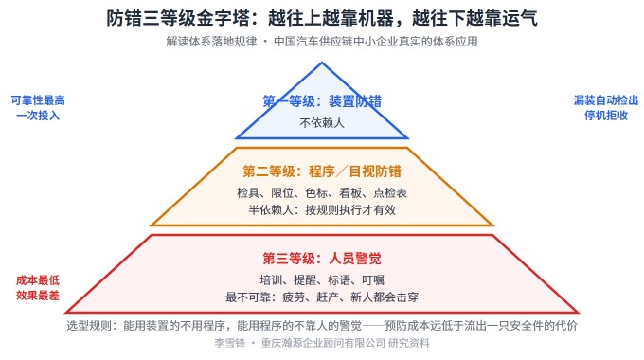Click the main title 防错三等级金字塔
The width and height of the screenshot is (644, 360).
[x=178, y=19]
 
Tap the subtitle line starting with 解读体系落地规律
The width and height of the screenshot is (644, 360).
[x=322, y=42]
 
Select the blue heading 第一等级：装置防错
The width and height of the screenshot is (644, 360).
[x=322, y=101]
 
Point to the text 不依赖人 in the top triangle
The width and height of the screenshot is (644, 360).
[x=322, y=122]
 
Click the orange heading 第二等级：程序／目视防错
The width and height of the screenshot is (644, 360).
[x=322, y=171]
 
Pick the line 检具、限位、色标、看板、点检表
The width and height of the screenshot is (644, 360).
[x=322, y=192]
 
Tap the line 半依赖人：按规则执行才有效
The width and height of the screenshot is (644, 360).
[x=322, y=210]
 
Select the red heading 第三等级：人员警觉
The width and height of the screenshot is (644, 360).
[x=322, y=259]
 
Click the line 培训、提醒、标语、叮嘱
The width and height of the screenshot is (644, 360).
[x=322, y=280]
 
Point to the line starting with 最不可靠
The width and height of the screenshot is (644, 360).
[x=322, y=297]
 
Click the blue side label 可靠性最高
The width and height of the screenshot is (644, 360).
[x=38, y=100]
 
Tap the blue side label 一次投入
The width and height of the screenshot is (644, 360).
[x=38, y=116]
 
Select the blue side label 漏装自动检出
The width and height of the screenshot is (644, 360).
[x=606, y=100]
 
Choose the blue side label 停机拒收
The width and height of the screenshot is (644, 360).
[x=606, y=116]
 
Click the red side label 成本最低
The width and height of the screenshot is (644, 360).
[x=38, y=280]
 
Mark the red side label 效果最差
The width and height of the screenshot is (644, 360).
[x=38, y=296]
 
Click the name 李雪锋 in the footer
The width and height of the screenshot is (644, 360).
[x=229, y=343]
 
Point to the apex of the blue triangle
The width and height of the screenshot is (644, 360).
[x=322, y=63]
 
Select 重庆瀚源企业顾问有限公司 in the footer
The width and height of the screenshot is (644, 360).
[x=323, y=343]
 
